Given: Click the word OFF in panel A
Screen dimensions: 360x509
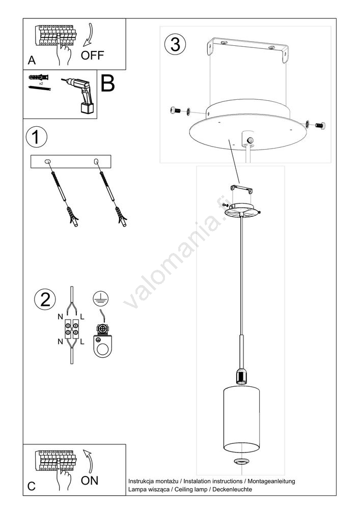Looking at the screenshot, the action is [92, 55].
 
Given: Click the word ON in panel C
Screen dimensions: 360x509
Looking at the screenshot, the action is [89, 480].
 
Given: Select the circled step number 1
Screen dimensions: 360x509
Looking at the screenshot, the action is [36, 137].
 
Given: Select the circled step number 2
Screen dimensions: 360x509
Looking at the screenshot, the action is [45, 299].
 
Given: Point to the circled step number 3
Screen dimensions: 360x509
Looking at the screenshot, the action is [175, 44].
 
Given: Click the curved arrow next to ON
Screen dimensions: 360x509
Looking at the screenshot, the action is [88, 461].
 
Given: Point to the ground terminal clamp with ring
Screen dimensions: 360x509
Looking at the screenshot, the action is [102, 342].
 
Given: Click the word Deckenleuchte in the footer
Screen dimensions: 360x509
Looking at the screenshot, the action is [232, 489].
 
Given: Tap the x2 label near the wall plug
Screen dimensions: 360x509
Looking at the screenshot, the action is [41, 83].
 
